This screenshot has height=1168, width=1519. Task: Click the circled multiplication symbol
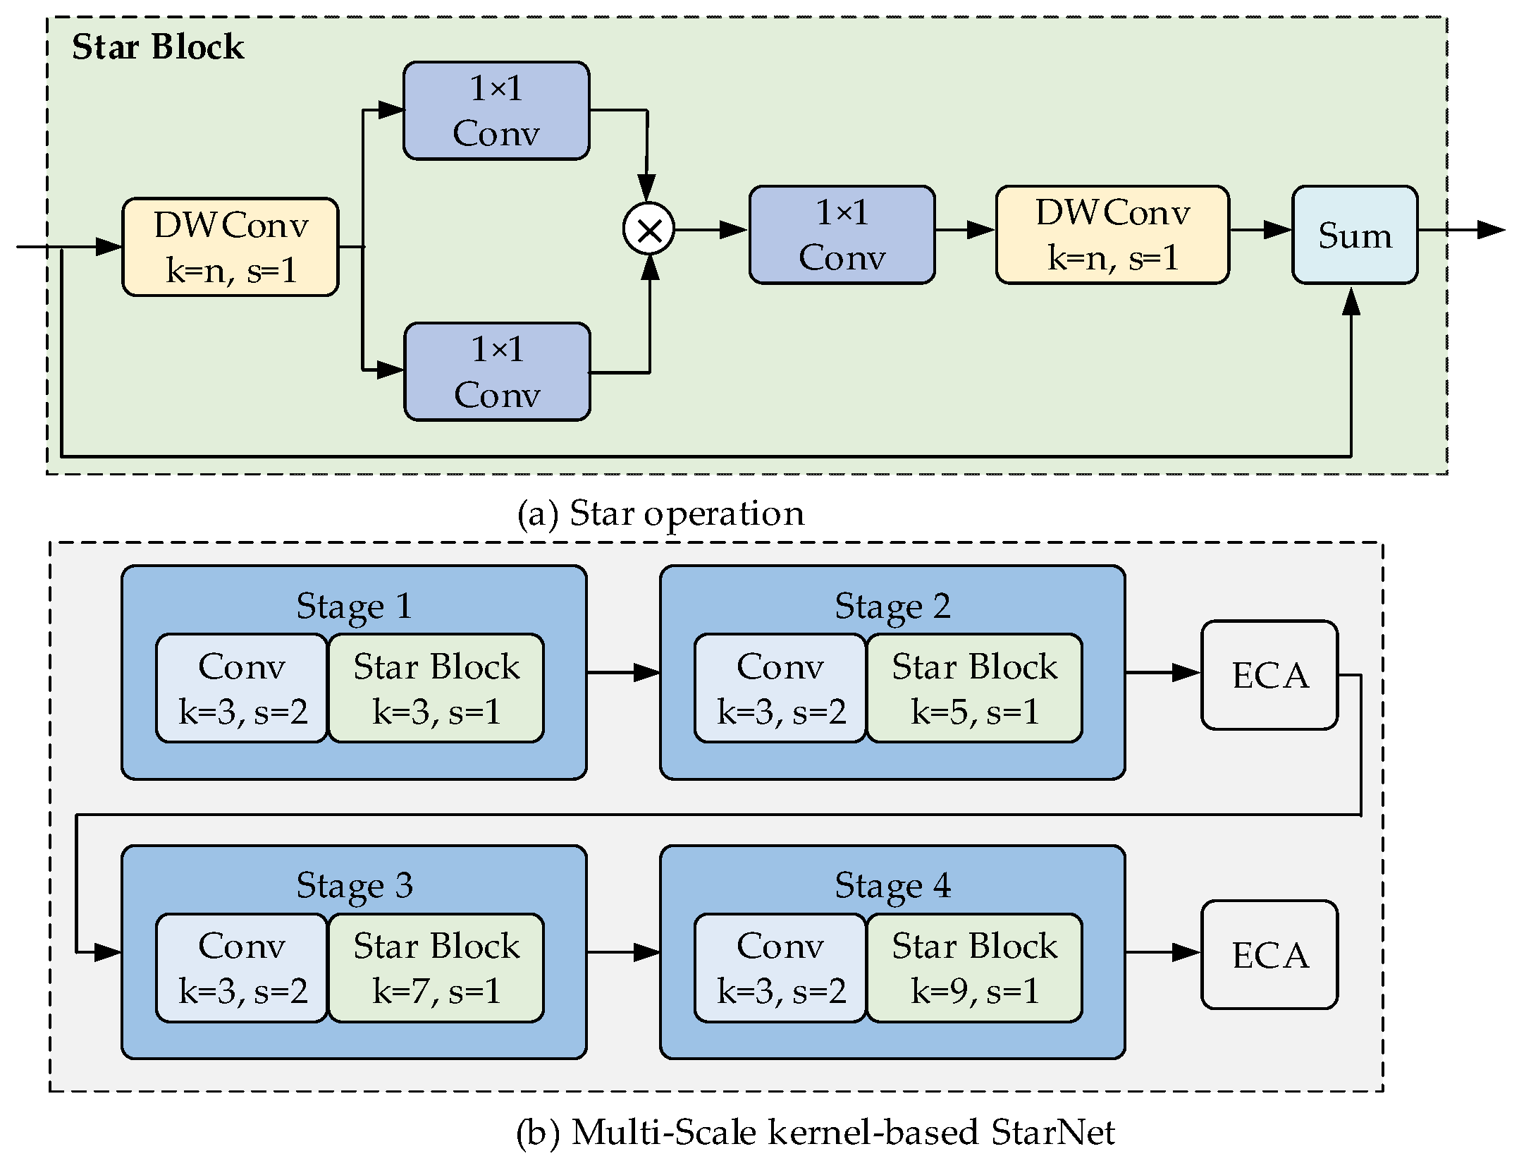pos(648,229)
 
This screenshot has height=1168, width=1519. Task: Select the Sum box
pos(1355,235)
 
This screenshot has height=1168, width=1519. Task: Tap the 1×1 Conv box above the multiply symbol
pos(496,111)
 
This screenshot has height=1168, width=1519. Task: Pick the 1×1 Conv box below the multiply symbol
pos(497,372)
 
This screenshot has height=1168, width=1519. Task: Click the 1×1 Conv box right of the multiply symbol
pos(842,235)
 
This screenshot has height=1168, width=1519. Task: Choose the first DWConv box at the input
pos(230,247)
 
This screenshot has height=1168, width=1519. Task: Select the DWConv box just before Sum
pos(1112,235)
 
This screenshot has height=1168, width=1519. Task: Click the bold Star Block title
pos(158,47)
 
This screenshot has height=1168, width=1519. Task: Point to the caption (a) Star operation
pos(660,513)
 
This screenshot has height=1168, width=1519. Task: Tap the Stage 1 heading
pos(354,606)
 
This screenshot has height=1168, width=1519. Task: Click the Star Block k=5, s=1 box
pos(974,688)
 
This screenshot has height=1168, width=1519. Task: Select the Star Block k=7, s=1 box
pos(436,968)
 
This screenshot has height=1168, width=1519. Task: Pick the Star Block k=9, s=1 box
pos(974,968)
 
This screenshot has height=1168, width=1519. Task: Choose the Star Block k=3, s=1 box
pos(436,688)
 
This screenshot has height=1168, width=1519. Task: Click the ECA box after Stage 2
pos(1269,675)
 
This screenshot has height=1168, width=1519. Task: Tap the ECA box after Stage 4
pos(1269,955)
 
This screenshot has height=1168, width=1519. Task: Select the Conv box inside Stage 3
pos(242,968)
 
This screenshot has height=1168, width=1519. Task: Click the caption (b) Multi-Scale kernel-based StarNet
pos(816,1132)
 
